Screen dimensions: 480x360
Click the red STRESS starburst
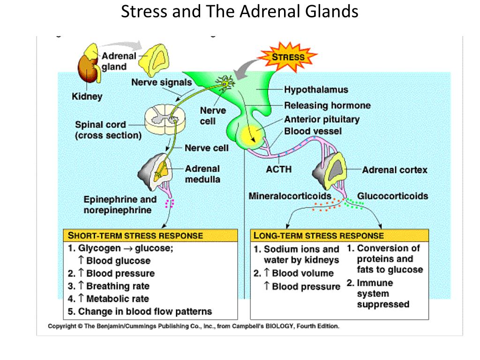[288, 57]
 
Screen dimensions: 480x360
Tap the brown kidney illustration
[88, 70]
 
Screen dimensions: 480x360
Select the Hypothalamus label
[316, 90]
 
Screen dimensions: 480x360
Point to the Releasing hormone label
[327, 105]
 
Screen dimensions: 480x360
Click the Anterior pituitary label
[322, 120]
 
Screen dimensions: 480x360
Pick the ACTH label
[278, 169]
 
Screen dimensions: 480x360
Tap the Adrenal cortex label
[395, 170]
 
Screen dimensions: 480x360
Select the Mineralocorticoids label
[290, 196]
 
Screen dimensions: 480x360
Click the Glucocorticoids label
[392, 196]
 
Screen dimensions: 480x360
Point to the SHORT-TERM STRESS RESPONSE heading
[135, 235]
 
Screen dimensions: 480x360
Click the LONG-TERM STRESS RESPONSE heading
[319, 235]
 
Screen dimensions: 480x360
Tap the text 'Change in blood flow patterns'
[145, 311]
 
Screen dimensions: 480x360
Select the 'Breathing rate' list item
[118, 286]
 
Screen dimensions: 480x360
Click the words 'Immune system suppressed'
[383, 293]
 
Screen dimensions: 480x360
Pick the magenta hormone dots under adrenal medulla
[170, 203]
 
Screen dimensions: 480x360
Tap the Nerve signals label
[162, 82]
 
